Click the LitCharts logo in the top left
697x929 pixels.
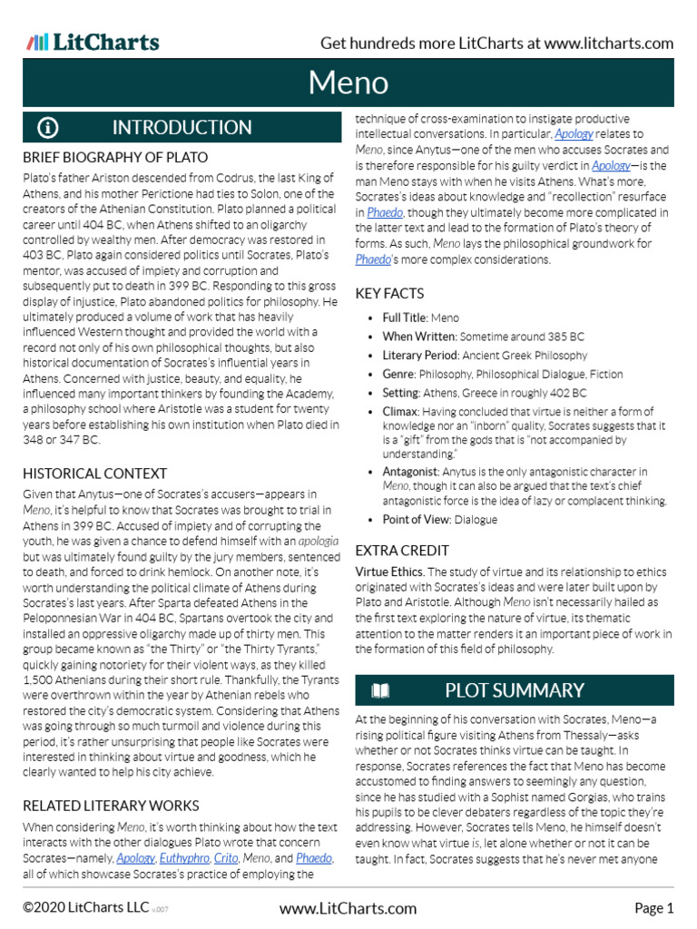click(x=93, y=42)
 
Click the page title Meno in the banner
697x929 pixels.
click(x=348, y=83)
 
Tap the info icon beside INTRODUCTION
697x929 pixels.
click(x=48, y=127)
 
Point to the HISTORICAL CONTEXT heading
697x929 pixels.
click(x=94, y=473)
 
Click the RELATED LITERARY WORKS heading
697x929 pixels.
click(x=111, y=805)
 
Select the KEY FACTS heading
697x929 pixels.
click(x=389, y=293)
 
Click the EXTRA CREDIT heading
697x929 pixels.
click(x=402, y=550)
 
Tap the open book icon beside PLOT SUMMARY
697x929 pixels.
click(x=380, y=690)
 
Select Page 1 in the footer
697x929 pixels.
click(x=653, y=908)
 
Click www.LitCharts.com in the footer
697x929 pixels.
click(x=348, y=908)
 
